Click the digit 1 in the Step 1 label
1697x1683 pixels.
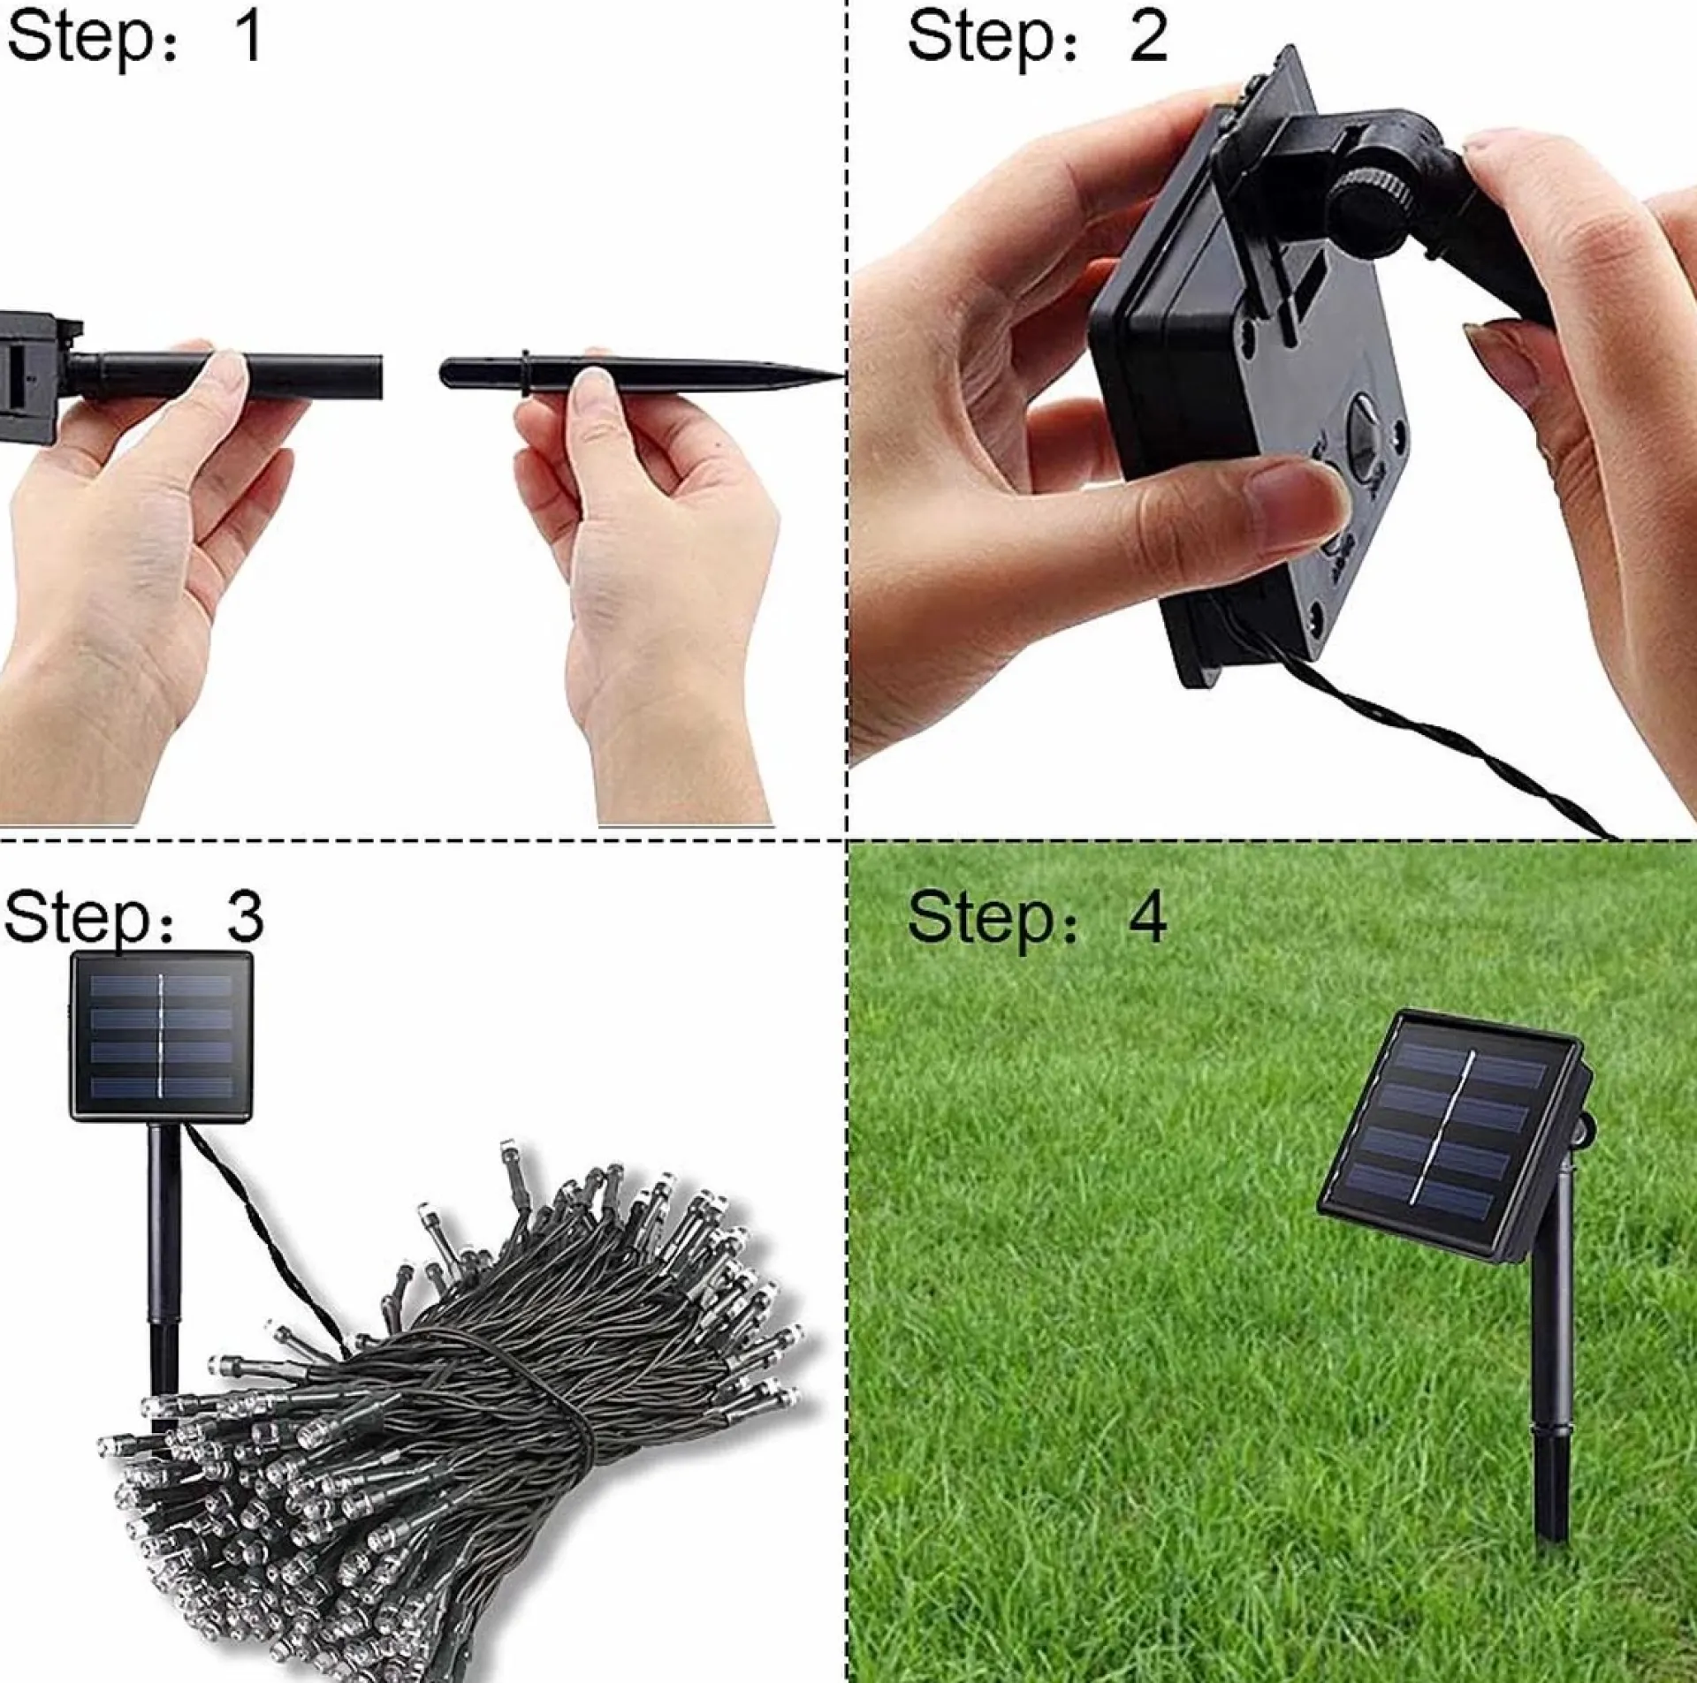pos(248,37)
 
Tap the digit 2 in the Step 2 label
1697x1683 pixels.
pos(1148,37)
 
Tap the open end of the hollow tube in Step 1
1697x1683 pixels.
pos(378,375)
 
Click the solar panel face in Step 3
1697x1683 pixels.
pos(162,1036)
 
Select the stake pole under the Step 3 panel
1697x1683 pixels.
pos(164,1237)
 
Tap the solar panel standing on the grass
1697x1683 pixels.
pos(1450,1131)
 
